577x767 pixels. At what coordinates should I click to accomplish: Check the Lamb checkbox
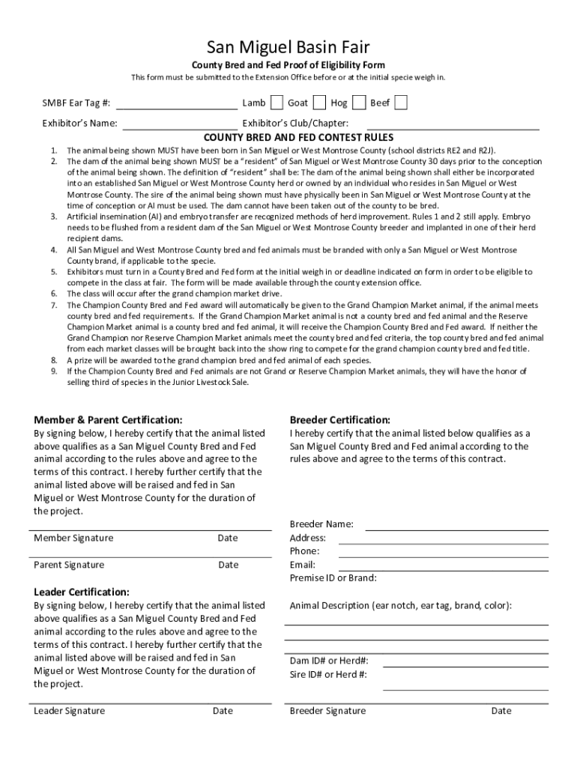(277, 103)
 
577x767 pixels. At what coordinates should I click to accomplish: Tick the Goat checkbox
(319, 103)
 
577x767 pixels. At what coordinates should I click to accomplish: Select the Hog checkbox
(359, 103)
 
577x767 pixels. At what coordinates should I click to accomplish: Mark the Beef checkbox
(401, 103)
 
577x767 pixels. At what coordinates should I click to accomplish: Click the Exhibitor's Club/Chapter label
(295, 123)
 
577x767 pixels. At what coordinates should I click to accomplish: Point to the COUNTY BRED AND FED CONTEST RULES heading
(288, 138)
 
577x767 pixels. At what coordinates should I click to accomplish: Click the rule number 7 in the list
(54, 306)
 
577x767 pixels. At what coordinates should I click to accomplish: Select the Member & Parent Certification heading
(108, 420)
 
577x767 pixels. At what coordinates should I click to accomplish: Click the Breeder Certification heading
(339, 420)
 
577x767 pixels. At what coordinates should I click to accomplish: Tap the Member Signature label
(73, 538)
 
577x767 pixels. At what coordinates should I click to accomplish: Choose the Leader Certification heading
(82, 592)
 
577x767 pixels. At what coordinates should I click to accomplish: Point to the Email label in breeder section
(302, 565)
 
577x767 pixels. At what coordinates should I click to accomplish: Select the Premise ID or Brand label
(333, 578)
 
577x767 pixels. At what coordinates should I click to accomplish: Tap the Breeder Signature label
(327, 711)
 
